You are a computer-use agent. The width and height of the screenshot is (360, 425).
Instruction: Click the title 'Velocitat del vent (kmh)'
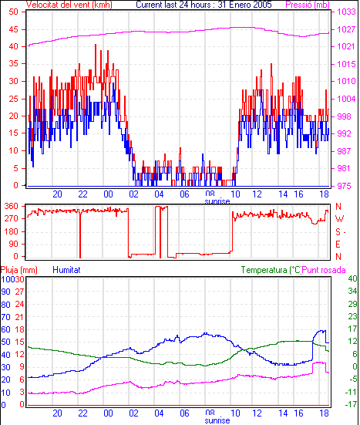[69, 5]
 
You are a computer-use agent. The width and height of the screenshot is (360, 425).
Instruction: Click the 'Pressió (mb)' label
[308, 5]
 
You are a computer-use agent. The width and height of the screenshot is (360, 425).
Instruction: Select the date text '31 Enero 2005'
[244, 5]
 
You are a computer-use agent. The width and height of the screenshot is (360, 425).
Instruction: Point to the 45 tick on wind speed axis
[14, 29]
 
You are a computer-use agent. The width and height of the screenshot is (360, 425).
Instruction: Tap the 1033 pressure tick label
[346, 12]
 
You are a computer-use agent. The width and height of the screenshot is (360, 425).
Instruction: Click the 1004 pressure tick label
[346, 99]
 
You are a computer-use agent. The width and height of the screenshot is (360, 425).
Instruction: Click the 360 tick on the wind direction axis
[12, 206]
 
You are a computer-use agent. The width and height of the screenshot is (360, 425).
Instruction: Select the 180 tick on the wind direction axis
[12, 231]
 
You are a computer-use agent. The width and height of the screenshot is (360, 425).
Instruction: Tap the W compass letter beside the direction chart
[339, 218]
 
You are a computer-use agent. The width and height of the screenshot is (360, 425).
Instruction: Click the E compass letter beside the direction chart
[338, 245]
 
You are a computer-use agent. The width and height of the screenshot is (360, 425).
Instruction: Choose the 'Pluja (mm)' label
[19, 270]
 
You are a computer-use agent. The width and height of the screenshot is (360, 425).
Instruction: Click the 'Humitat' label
[66, 270]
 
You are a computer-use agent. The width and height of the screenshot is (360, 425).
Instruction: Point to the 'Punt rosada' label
[324, 270]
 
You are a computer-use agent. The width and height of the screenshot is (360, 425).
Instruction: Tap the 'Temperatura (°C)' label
[271, 270]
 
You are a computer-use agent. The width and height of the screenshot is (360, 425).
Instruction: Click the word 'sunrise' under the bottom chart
[217, 420]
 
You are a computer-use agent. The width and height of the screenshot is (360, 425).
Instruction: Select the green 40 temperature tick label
[352, 278]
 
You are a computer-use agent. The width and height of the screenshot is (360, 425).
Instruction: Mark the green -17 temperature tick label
[351, 404]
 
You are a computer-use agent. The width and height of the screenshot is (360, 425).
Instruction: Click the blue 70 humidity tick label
[5, 317]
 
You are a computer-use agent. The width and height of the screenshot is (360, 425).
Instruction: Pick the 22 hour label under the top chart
[83, 194]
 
